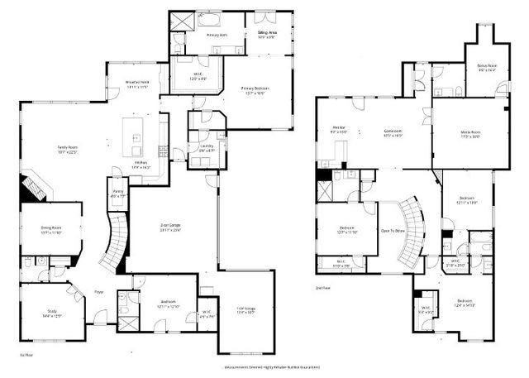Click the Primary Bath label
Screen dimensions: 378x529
pos(217,36)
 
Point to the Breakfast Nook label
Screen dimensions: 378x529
pos(136,83)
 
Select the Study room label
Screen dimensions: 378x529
pos(52,313)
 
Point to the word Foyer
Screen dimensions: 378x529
pos(98,292)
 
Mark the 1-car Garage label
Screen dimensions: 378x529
pos(245,310)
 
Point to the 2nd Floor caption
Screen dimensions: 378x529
pos(322,289)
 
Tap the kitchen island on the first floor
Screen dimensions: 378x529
pos(133,136)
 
